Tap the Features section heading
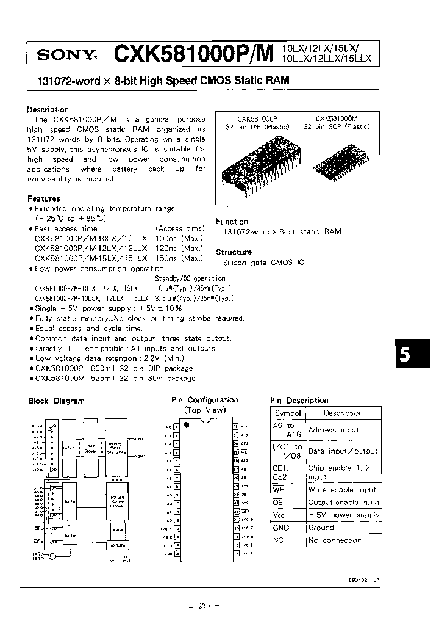(x=44, y=198)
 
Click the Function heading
(x=232, y=222)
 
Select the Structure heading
(x=234, y=252)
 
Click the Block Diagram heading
(x=57, y=401)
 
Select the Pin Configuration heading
(x=204, y=400)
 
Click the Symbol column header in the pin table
(x=288, y=413)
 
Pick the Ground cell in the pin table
(x=321, y=528)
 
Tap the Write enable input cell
(x=343, y=489)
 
